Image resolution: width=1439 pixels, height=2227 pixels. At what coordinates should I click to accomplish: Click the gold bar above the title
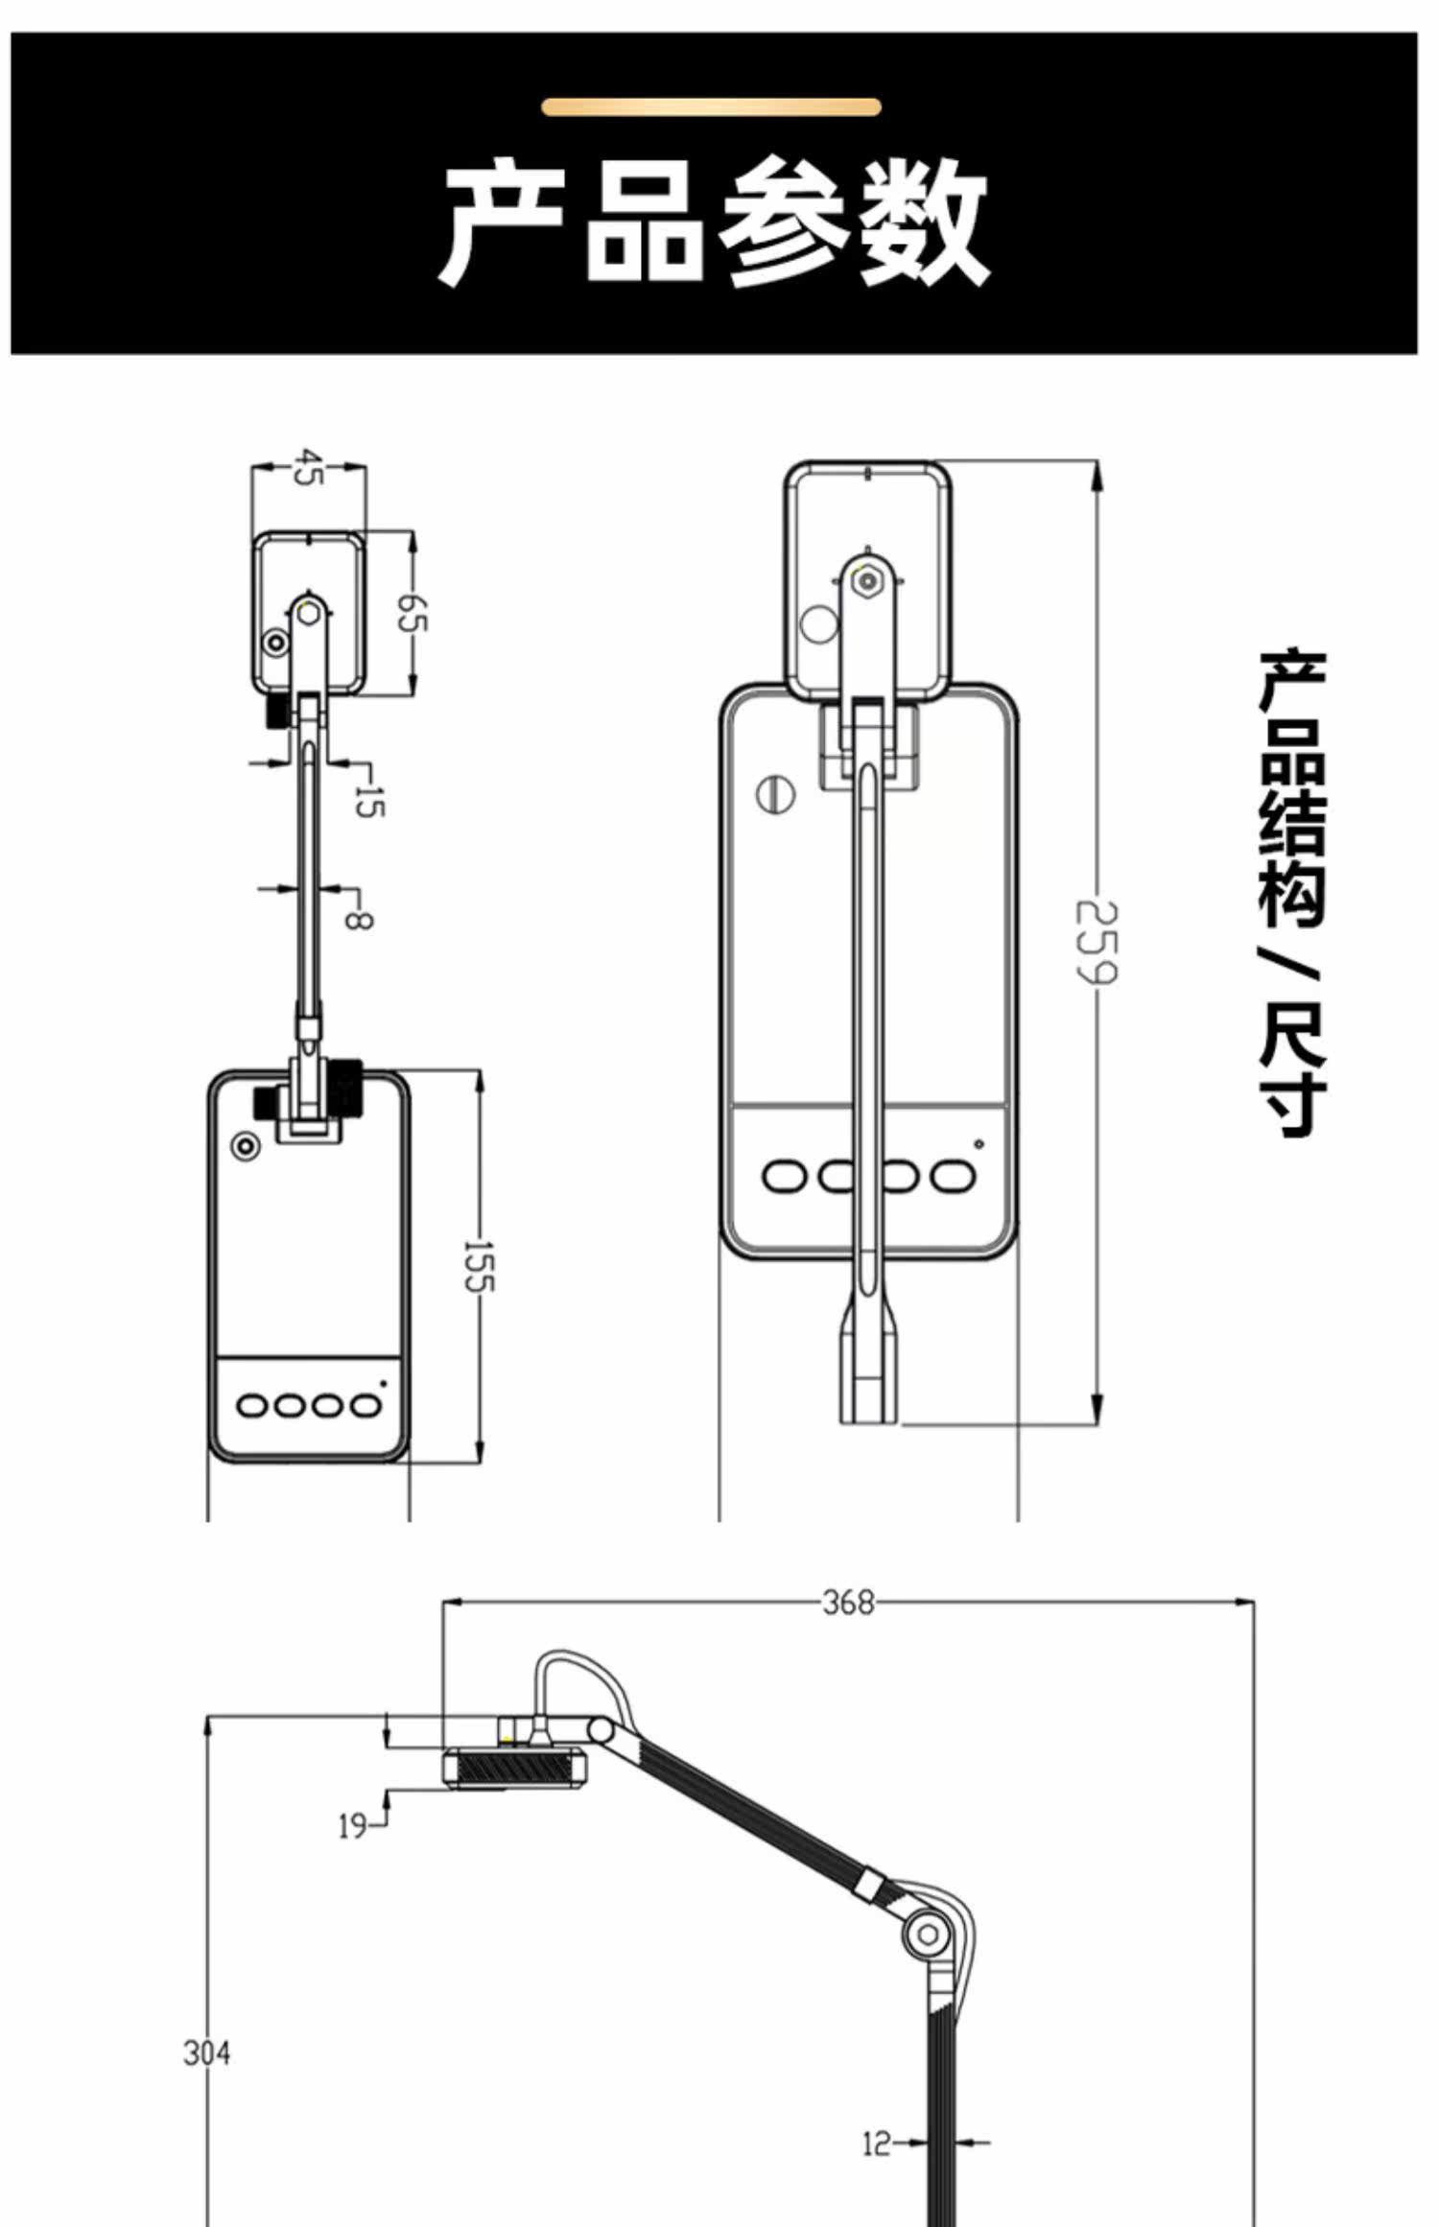coord(711,106)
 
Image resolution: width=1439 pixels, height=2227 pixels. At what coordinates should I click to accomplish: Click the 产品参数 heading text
coord(714,222)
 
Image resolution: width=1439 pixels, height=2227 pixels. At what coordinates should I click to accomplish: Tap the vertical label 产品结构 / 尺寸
coord(1291,893)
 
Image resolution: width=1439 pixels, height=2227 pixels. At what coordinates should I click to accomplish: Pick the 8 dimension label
coord(358,920)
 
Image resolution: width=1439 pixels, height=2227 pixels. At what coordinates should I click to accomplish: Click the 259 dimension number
coord(1096,942)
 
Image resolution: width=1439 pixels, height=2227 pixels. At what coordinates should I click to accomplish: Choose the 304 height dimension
coord(206,2053)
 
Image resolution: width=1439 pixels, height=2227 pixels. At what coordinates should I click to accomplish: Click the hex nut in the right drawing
coord(869,581)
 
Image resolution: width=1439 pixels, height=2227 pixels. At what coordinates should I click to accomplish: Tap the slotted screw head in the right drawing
coord(776,794)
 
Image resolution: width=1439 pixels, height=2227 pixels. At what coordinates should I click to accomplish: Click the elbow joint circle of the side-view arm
coord(928,1934)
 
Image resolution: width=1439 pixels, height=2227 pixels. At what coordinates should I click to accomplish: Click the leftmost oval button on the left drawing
coord(253,1406)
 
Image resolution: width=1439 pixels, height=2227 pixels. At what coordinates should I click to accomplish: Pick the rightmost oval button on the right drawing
coord(953,1176)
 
